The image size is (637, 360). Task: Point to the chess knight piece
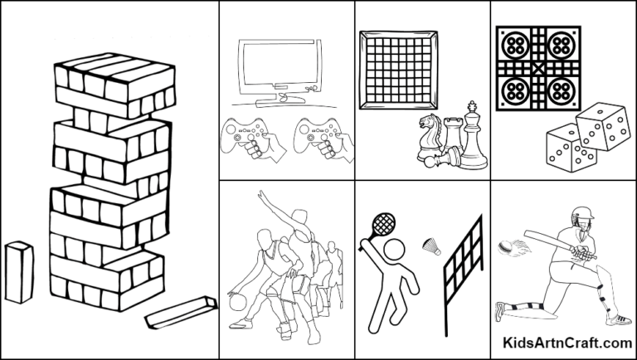[x=430, y=134]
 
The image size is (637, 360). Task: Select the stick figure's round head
[x=393, y=250]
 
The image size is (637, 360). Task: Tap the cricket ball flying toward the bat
[x=505, y=246]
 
